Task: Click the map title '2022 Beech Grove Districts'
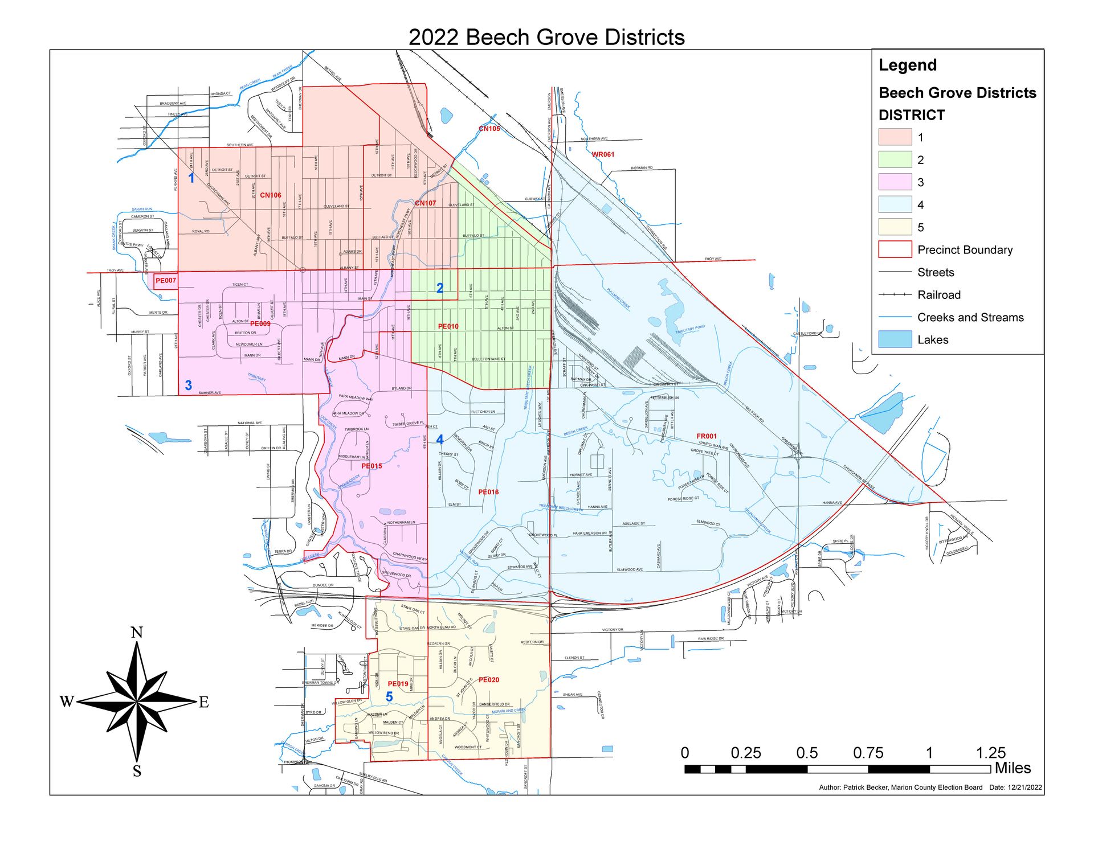546,38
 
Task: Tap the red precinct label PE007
166,281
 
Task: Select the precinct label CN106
271,195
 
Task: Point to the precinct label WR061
603,154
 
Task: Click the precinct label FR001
707,436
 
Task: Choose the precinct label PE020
489,680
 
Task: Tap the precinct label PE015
372,466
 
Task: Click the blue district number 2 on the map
440,288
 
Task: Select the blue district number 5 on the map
389,697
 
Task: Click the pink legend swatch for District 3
895,182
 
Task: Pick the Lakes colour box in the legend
895,340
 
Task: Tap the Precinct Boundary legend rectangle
895,250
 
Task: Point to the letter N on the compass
137,633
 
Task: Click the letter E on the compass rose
204,702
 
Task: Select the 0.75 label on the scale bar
868,753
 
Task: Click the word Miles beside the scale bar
1013,768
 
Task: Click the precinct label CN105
489,129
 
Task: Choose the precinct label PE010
448,327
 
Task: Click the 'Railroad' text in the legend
938,295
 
